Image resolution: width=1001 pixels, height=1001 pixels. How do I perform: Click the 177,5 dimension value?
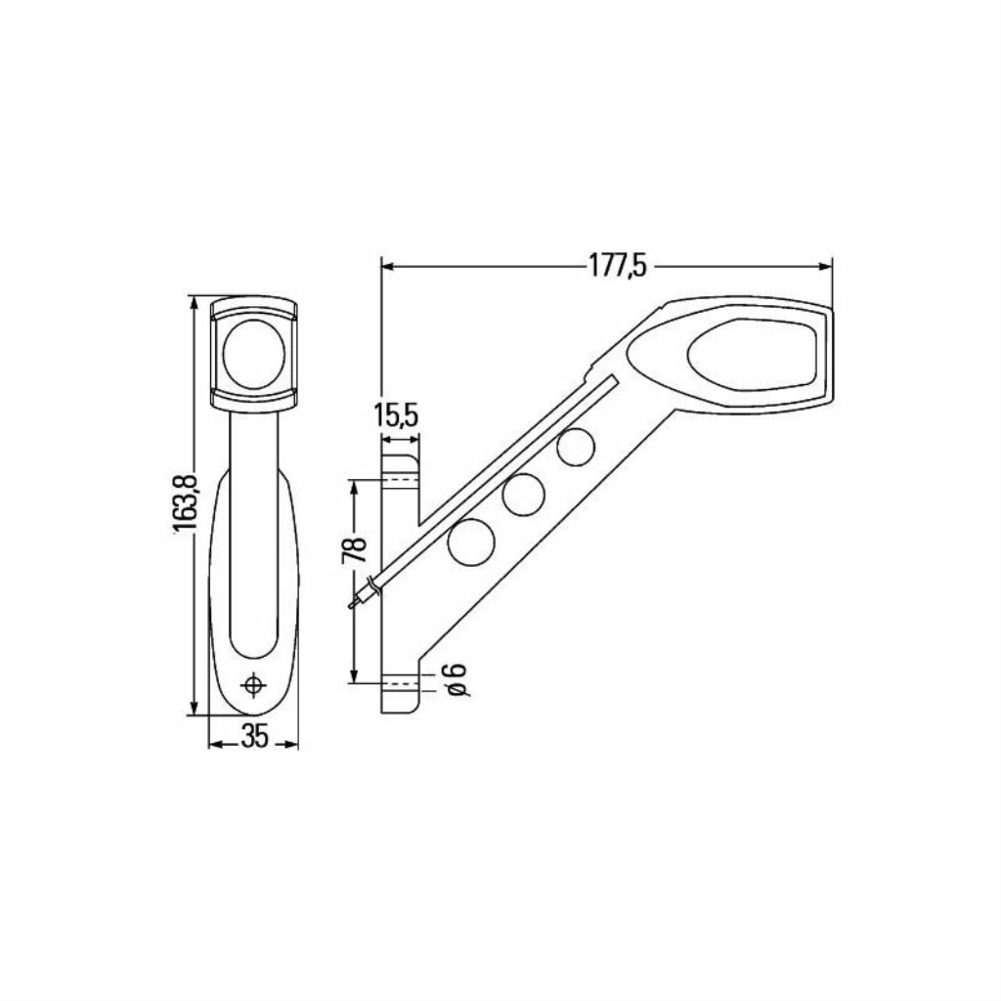point(618,266)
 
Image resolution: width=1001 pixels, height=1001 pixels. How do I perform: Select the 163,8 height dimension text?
point(184,505)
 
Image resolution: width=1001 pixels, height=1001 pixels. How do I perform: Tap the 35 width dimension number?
point(254,737)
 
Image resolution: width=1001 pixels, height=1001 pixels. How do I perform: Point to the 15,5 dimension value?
point(397,416)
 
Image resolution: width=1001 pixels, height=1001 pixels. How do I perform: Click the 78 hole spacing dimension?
point(355,549)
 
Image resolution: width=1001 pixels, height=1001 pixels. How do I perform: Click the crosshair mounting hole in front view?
point(255,685)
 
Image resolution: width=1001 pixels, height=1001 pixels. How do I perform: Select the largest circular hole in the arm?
point(472,542)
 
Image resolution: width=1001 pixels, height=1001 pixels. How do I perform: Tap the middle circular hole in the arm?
point(524,495)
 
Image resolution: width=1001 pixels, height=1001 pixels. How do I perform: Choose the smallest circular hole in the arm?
point(576,447)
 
